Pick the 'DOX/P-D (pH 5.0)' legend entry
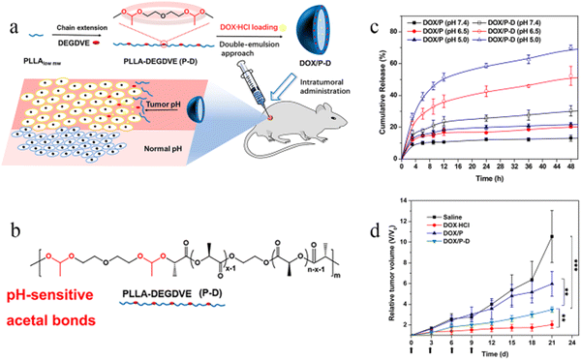(x=527, y=32)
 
